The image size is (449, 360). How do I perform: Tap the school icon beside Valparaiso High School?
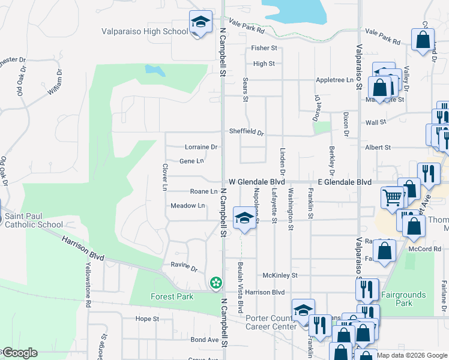tap(200, 23)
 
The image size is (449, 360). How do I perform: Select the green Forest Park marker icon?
tap(215, 282)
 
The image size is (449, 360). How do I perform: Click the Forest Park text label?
tap(172, 296)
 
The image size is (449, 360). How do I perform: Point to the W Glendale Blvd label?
tap(256, 182)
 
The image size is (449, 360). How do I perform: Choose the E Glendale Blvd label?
tap(344, 182)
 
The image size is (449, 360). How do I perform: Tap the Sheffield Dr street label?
tap(246, 132)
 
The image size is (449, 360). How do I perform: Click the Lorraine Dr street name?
tap(200, 146)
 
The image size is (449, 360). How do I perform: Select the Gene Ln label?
tap(191, 161)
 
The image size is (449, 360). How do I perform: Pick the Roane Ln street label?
tap(203, 191)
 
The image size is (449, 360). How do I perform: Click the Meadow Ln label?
tap(187, 206)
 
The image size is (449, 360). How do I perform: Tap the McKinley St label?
tap(280, 275)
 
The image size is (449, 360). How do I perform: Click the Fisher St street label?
tap(264, 48)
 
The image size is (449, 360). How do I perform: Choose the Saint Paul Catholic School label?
tap(34, 221)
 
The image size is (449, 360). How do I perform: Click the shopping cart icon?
tap(391, 197)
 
